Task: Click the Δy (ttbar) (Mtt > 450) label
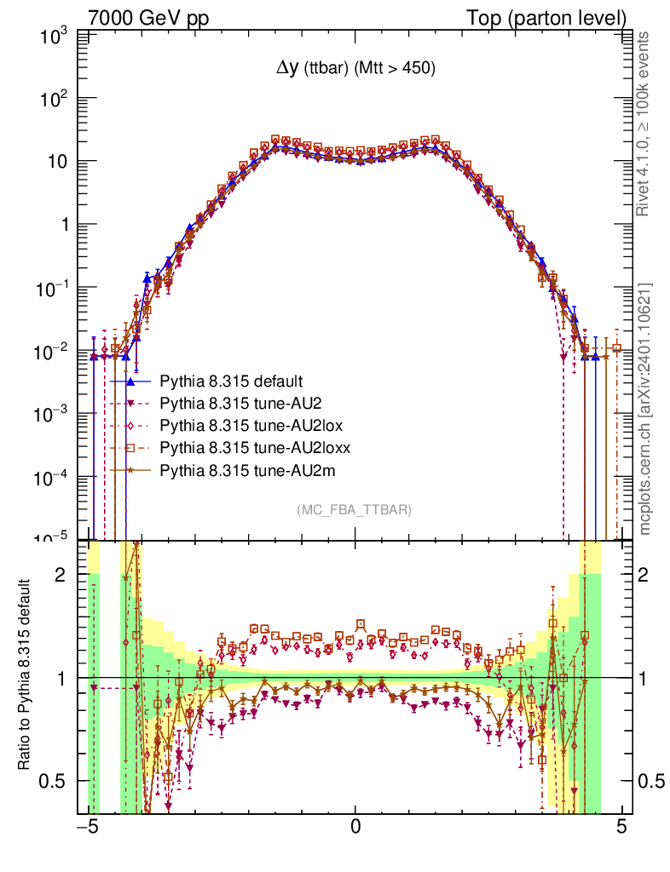pos(355,70)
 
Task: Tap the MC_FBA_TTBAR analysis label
pos(355,510)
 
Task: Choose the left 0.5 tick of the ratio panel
pos(56,781)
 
